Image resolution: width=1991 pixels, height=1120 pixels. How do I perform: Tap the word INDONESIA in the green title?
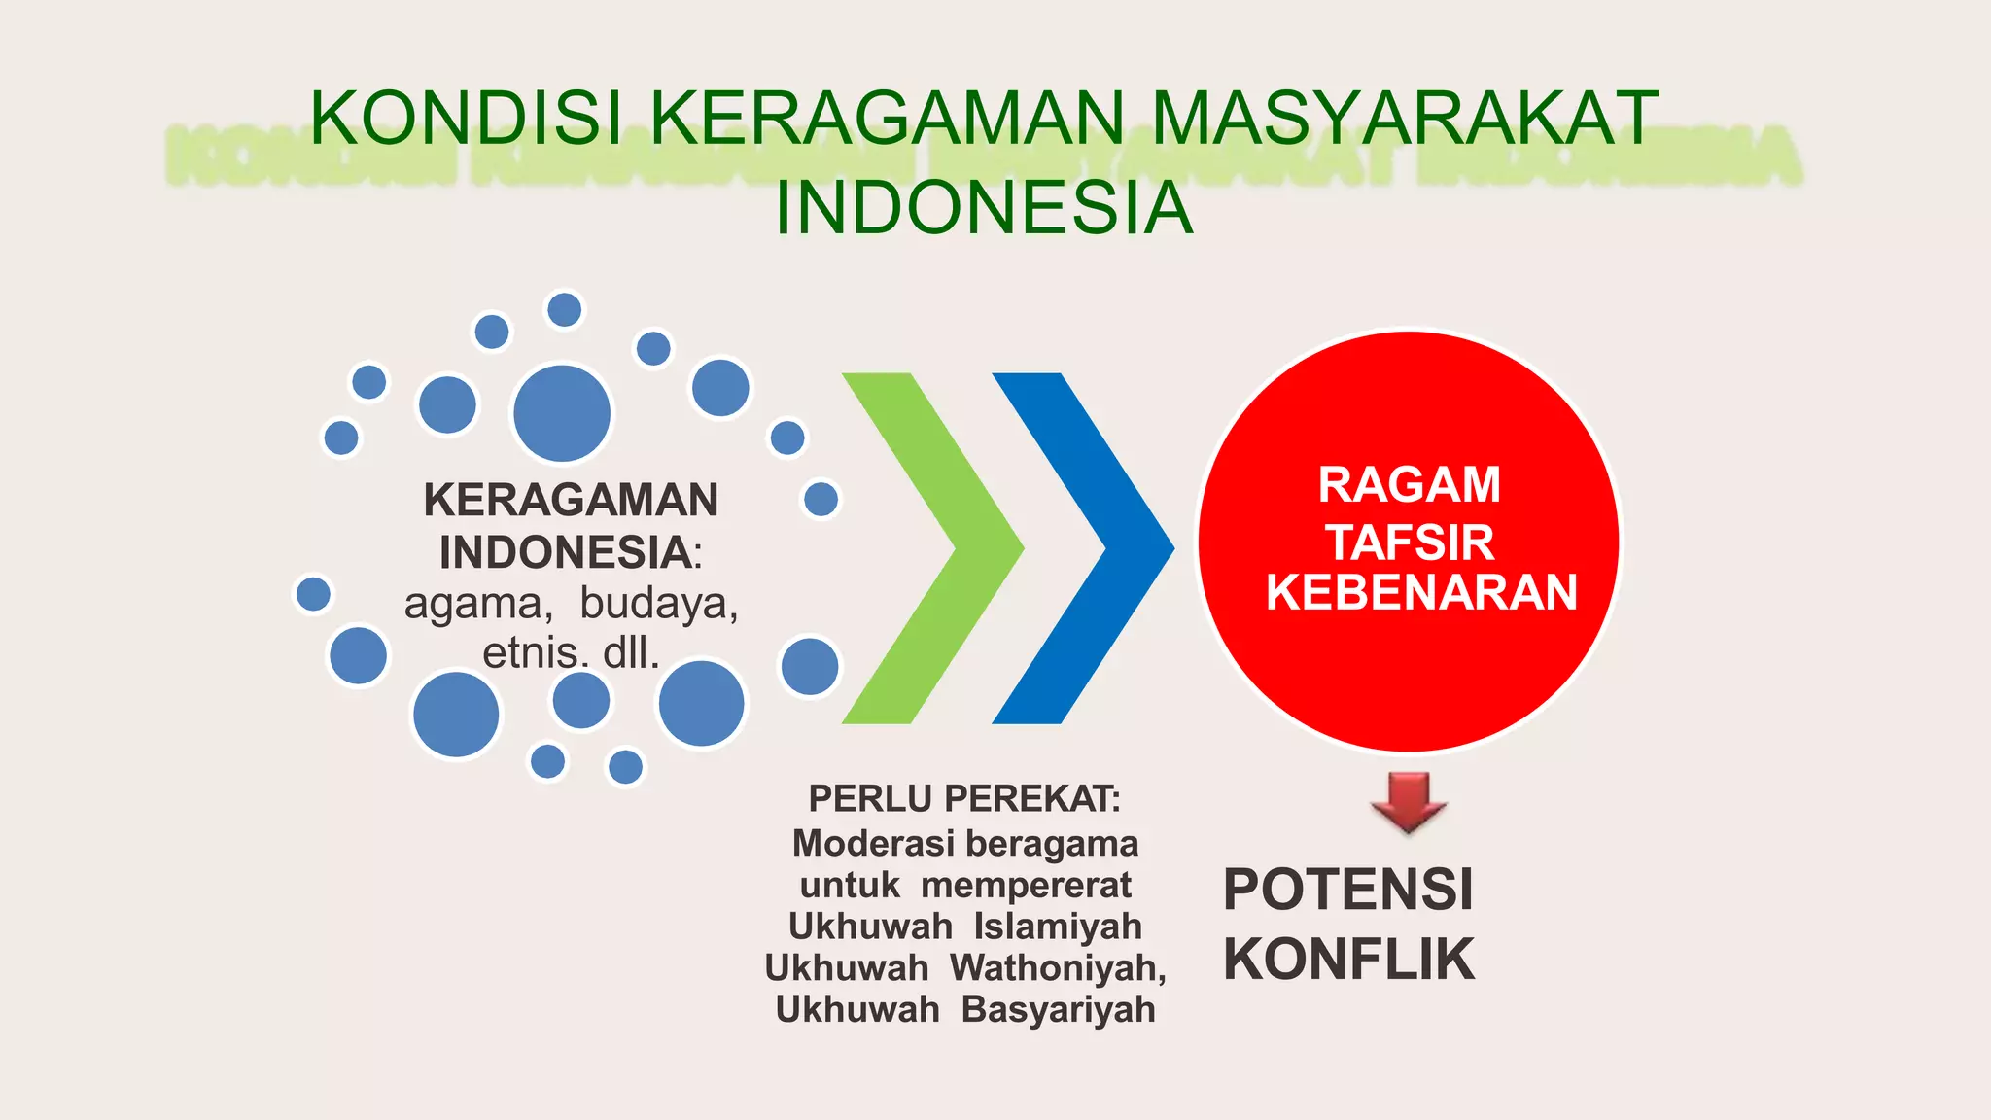tap(984, 208)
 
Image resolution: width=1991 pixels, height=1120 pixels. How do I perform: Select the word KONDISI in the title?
tap(466, 119)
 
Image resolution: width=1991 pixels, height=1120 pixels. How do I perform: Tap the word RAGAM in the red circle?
tap(1409, 485)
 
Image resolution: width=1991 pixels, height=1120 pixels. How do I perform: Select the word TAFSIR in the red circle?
tap(1411, 542)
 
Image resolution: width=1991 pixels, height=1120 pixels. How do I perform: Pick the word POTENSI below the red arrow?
tap(1348, 890)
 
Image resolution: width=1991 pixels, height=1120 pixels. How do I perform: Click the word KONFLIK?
tap(1348, 960)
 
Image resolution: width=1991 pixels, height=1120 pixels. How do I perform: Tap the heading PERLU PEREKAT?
tap(964, 799)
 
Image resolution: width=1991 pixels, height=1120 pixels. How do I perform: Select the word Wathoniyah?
tap(1058, 968)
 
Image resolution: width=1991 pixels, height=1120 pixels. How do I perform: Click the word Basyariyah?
tap(1058, 1010)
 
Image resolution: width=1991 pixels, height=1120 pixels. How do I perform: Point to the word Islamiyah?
tap(1058, 927)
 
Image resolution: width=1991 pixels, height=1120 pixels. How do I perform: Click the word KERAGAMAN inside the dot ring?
tap(571, 501)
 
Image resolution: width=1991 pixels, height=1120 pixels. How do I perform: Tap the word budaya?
tap(659, 603)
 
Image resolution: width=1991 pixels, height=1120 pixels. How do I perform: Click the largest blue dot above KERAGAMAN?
tap(562, 413)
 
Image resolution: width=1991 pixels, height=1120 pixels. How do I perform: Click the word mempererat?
tap(1026, 886)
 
